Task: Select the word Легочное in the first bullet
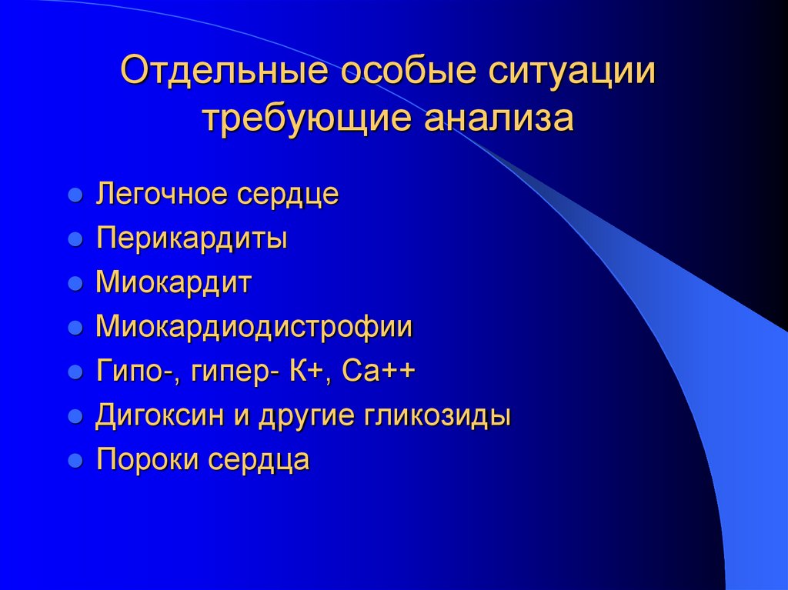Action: [163, 195]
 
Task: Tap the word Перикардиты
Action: [192, 238]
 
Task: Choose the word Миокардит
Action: [173, 283]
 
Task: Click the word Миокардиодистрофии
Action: [254, 328]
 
